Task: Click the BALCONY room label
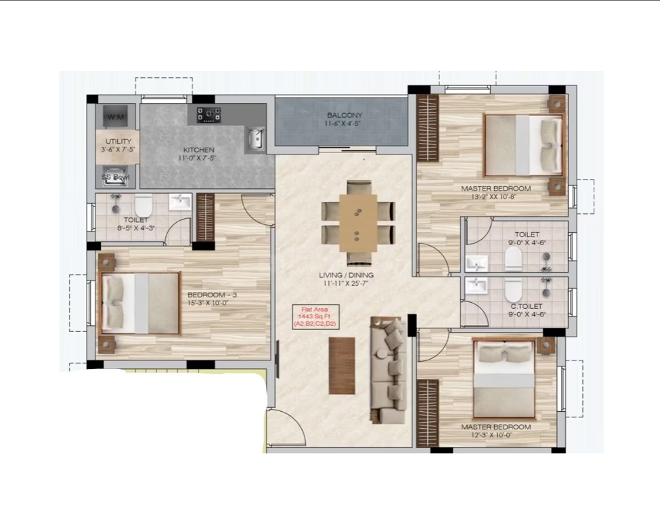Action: (345, 115)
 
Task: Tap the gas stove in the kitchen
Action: (209, 114)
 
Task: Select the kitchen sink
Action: (255, 138)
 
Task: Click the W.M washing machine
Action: (116, 117)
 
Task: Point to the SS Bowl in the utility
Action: (115, 177)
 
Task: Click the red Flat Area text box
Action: (315, 316)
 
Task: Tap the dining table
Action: (358, 223)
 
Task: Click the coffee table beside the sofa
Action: (342, 366)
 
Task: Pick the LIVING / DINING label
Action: (346, 276)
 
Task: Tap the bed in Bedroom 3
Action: (141, 303)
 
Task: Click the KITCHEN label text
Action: (198, 150)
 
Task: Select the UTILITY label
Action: (118, 142)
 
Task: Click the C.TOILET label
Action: (526, 306)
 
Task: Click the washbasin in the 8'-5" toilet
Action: (180, 202)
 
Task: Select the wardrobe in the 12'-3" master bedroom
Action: (428, 412)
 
